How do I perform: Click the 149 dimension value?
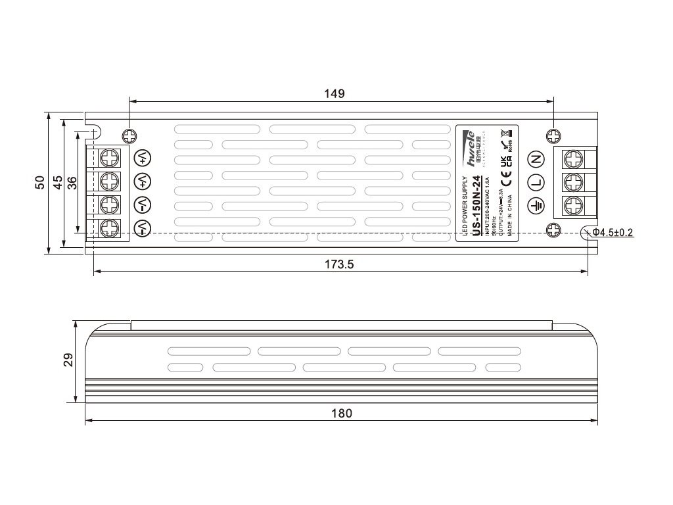335,93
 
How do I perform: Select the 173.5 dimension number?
340,264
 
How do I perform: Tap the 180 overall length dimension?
342,413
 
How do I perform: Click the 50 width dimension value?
40,183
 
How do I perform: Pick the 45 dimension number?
57,183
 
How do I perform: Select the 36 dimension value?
72,183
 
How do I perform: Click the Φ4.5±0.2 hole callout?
613,232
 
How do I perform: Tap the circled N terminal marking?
536,158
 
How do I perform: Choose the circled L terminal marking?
536,182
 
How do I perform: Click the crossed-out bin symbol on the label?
504,132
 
